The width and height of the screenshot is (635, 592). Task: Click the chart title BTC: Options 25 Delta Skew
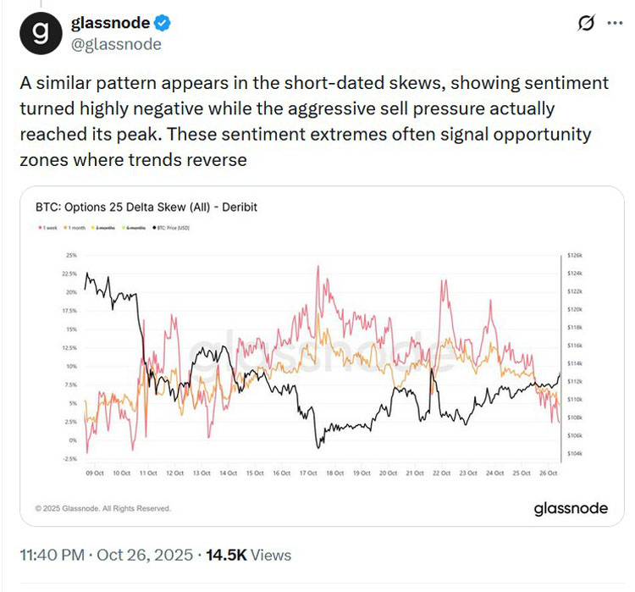coord(144,207)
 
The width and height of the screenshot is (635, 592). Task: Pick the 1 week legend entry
coord(46,228)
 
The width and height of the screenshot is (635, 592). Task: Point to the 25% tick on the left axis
coord(70,255)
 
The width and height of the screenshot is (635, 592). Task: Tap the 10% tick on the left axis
coord(70,366)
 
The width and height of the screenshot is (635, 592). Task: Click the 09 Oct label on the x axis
coord(94,473)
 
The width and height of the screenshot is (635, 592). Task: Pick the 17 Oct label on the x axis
coord(309,473)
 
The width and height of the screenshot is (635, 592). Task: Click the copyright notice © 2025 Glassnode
coord(102,508)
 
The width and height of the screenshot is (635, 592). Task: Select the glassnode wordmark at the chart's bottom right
coord(570,508)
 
